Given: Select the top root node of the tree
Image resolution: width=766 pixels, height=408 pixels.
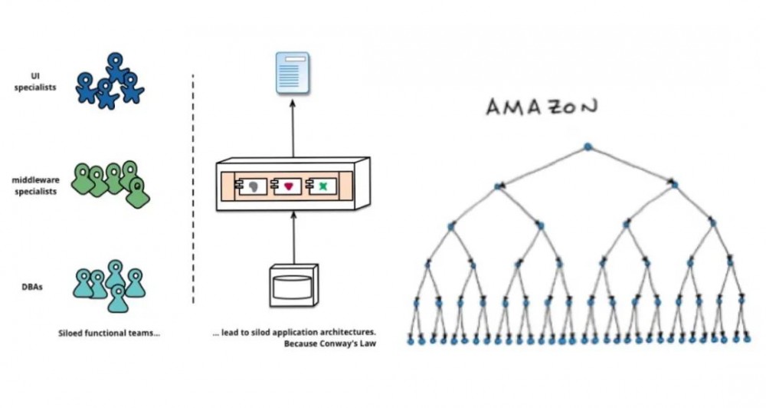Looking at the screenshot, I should click(588, 146).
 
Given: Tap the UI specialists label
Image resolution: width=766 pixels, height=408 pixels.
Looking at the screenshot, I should click(36, 82).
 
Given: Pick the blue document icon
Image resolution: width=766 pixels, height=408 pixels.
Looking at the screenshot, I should click(292, 73).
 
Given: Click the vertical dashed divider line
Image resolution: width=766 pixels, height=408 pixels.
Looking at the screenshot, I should click(192, 188).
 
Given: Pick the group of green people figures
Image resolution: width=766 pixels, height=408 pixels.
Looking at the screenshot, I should click(111, 183).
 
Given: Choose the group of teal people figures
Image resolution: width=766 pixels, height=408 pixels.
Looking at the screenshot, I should click(112, 283).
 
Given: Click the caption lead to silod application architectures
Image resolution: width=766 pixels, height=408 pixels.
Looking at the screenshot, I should click(295, 334).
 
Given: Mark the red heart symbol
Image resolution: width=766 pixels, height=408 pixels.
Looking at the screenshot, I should click(289, 186).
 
